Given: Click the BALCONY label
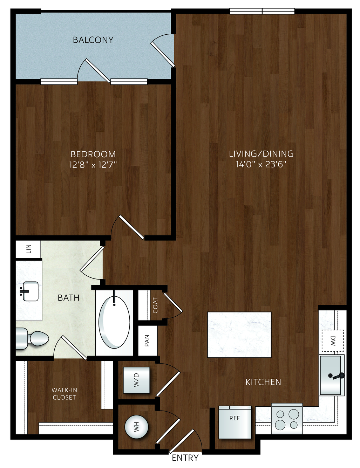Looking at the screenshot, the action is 93,40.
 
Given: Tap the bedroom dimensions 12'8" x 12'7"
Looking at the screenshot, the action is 93,165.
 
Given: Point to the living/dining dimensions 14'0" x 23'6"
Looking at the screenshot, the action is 261,165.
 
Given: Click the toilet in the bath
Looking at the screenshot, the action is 32,338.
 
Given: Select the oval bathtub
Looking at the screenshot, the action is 114,322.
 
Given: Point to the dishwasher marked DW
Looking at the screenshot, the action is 332,340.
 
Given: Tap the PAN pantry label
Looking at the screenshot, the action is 147,340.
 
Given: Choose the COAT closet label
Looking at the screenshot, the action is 155,305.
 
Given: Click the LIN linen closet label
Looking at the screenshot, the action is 29,249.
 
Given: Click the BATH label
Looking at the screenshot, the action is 68,298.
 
